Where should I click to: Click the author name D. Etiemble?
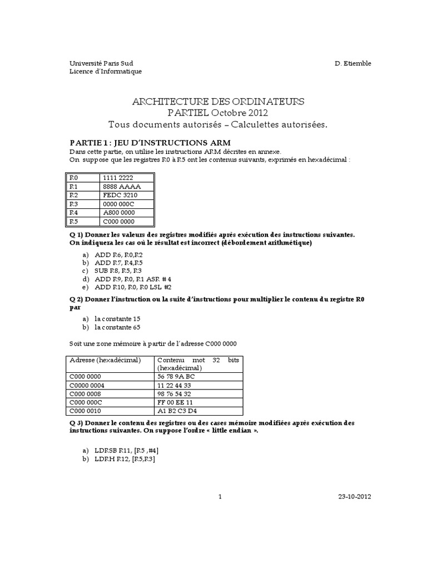tap(352, 63)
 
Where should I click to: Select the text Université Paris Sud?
tap(101, 63)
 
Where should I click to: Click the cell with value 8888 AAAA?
tap(118, 187)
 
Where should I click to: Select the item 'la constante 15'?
tap(117, 319)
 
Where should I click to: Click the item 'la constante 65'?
tap(117, 327)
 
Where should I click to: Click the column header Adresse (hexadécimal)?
tap(105, 360)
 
